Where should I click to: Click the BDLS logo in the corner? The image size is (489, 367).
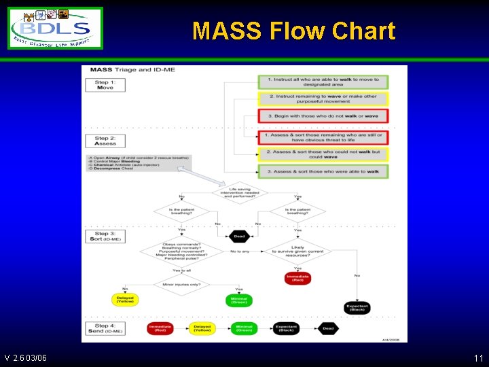point(55,28)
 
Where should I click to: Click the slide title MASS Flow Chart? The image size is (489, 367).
point(293,31)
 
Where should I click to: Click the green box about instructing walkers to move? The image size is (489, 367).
point(323,82)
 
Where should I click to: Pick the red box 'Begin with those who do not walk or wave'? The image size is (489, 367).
point(323,116)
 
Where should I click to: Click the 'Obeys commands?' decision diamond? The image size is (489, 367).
point(181,251)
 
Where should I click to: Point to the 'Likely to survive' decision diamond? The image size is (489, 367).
point(297,251)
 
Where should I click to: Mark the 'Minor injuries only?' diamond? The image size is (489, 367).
point(181,284)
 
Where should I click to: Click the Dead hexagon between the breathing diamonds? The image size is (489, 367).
point(238,237)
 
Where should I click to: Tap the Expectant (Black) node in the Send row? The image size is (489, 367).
point(286,329)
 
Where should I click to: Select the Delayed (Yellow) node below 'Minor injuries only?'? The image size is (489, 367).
point(124,300)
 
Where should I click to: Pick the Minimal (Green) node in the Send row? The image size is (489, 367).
point(244,329)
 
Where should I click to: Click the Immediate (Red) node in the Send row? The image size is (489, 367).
point(160,329)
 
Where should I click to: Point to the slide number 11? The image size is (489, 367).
point(478,357)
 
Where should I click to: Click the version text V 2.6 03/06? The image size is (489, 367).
point(25,357)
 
